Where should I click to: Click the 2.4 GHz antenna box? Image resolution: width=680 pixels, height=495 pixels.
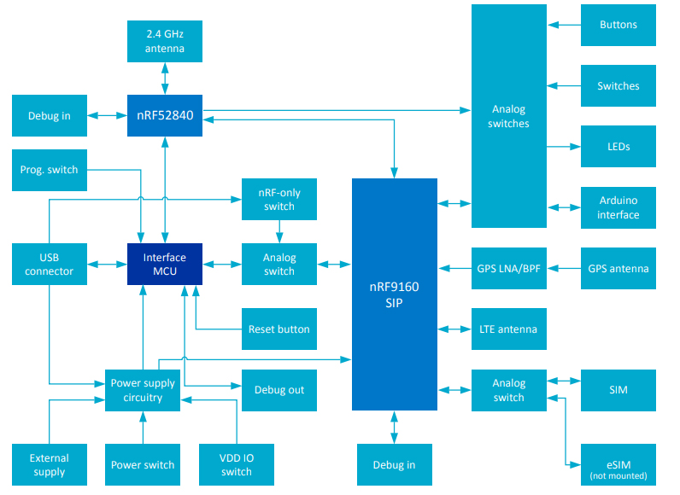coord(164,41)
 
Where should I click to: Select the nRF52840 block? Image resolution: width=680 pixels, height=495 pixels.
coord(164,115)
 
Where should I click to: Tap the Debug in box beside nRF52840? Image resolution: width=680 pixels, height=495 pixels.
coord(50,115)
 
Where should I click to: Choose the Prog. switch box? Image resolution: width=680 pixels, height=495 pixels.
coord(50,170)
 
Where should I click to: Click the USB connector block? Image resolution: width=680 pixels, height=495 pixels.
coord(50,265)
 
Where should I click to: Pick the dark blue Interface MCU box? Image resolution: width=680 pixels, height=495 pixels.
coord(164,265)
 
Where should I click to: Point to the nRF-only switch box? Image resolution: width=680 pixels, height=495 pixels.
coord(279,199)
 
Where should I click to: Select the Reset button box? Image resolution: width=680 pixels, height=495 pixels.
coord(279,329)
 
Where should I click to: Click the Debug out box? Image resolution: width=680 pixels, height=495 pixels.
coord(279,390)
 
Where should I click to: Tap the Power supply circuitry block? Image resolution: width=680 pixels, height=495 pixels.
coord(143,390)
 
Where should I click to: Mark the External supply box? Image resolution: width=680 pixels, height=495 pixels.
coord(50,464)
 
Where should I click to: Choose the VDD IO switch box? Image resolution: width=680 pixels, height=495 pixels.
coord(237,464)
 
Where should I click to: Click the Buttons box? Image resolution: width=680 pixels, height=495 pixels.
coord(618,25)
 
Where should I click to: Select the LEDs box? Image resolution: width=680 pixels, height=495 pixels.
coord(618,146)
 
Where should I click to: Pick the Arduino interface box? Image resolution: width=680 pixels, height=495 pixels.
coord(618,207)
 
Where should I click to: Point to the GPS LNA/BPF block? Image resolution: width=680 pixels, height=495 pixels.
coord(509,268)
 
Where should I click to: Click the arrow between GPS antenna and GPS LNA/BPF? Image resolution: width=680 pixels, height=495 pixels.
coord(564,268)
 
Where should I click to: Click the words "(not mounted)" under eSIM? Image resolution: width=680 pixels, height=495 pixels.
coord(618,475)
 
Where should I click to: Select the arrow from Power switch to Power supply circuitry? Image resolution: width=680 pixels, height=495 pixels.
coord(143,428)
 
